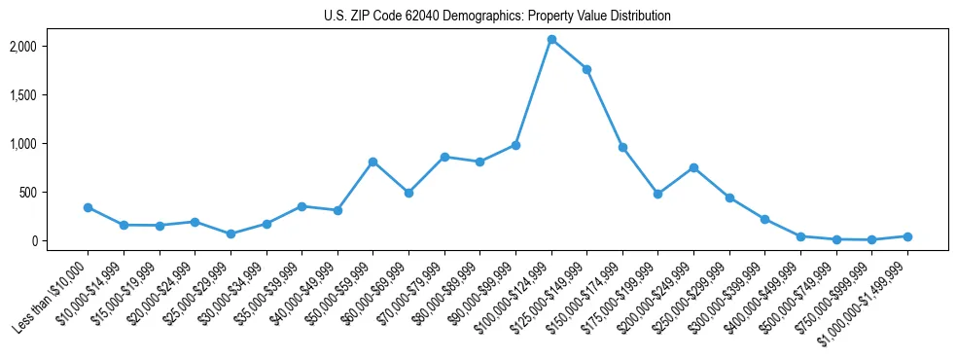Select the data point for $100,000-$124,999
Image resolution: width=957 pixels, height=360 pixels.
click(551, 40)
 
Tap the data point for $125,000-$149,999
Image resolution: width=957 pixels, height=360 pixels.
click(586, 69)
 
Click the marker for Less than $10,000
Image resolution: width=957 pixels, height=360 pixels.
click(88, 207)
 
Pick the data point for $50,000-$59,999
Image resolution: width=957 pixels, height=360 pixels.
click(372, 162)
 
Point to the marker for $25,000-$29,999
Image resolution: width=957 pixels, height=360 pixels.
click(230, 234)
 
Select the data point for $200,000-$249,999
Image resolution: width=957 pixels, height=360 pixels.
click(693, 167)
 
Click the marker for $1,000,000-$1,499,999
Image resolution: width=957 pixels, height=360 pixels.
click(907, 236)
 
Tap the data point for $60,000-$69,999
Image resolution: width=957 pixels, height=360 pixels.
click(408, 193)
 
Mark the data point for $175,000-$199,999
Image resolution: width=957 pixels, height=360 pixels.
click(658, 194)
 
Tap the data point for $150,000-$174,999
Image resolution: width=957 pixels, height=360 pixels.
click(622, 147)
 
